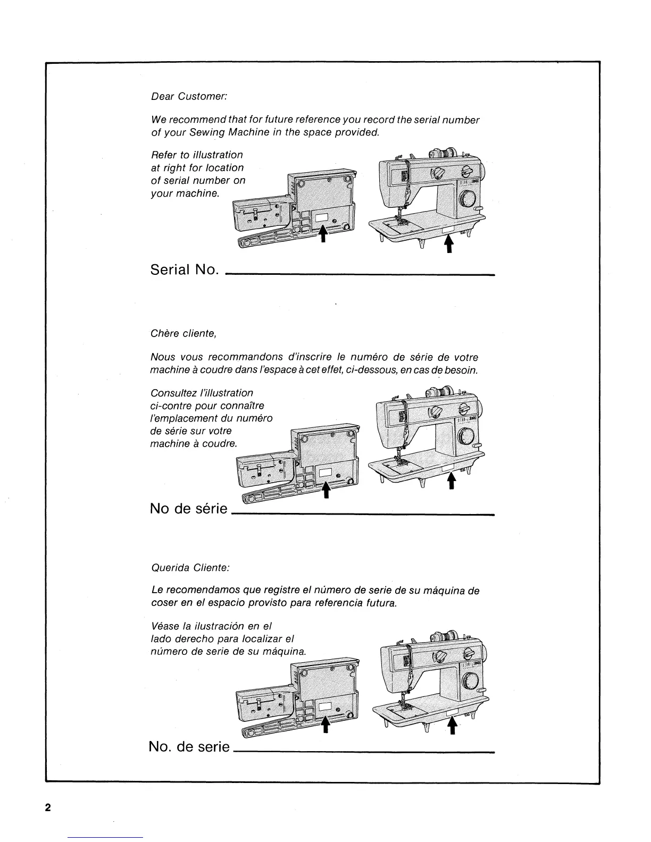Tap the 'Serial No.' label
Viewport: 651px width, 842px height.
tap(185, 270)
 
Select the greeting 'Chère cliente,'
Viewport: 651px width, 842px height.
tap(183, 334)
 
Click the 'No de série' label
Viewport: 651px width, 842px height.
tap(189, 509)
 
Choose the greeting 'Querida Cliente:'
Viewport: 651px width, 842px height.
tap(190, 568)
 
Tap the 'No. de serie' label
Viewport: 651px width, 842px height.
tap(189, 747)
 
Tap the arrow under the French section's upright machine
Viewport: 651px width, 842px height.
tap(451, 480)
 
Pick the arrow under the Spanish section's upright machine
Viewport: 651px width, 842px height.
tap(453, 725)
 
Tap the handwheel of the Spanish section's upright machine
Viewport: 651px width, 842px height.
tap(470, 682)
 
